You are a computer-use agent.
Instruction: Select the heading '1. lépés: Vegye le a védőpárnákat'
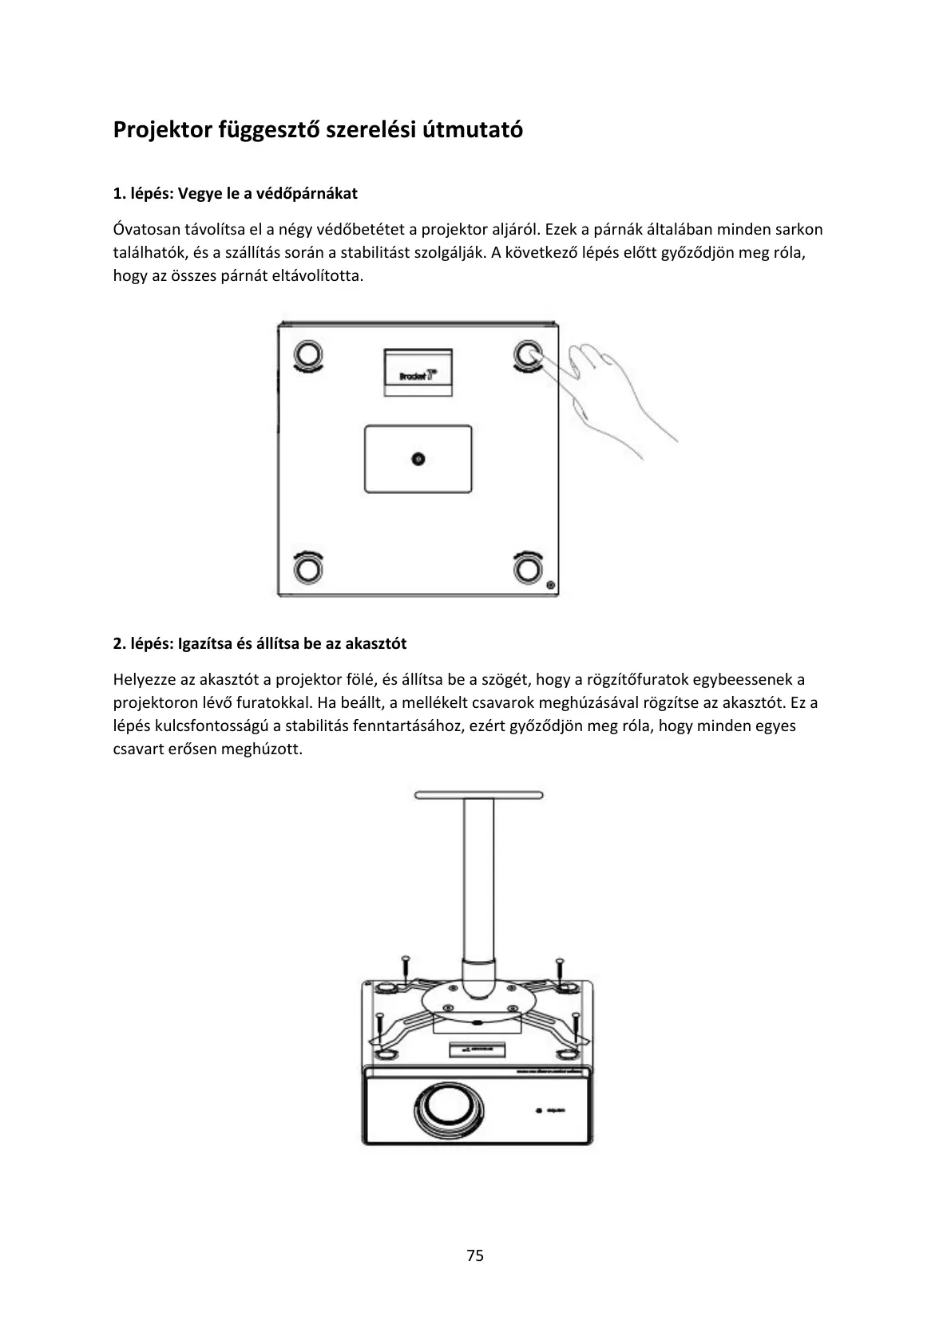pyautogui.click(x=235, y=193)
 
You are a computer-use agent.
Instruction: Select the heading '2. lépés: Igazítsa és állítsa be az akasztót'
pyautogui.click(x=260, y=643)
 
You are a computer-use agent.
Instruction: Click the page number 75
pyautogui.click(x=475, y=1255)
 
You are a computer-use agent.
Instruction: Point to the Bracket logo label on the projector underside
pyautogui.click(x=418, y=371)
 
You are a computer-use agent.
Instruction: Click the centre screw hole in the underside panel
pyautogui.click(x=418, y=458)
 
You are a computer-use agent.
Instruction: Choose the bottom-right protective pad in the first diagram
pyautogui.click(x=526, y=568)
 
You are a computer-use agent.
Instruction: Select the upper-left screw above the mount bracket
pyautogui.click(x=406, y=969)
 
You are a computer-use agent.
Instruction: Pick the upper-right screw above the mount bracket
pyautogui.click(x=560, y=969)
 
